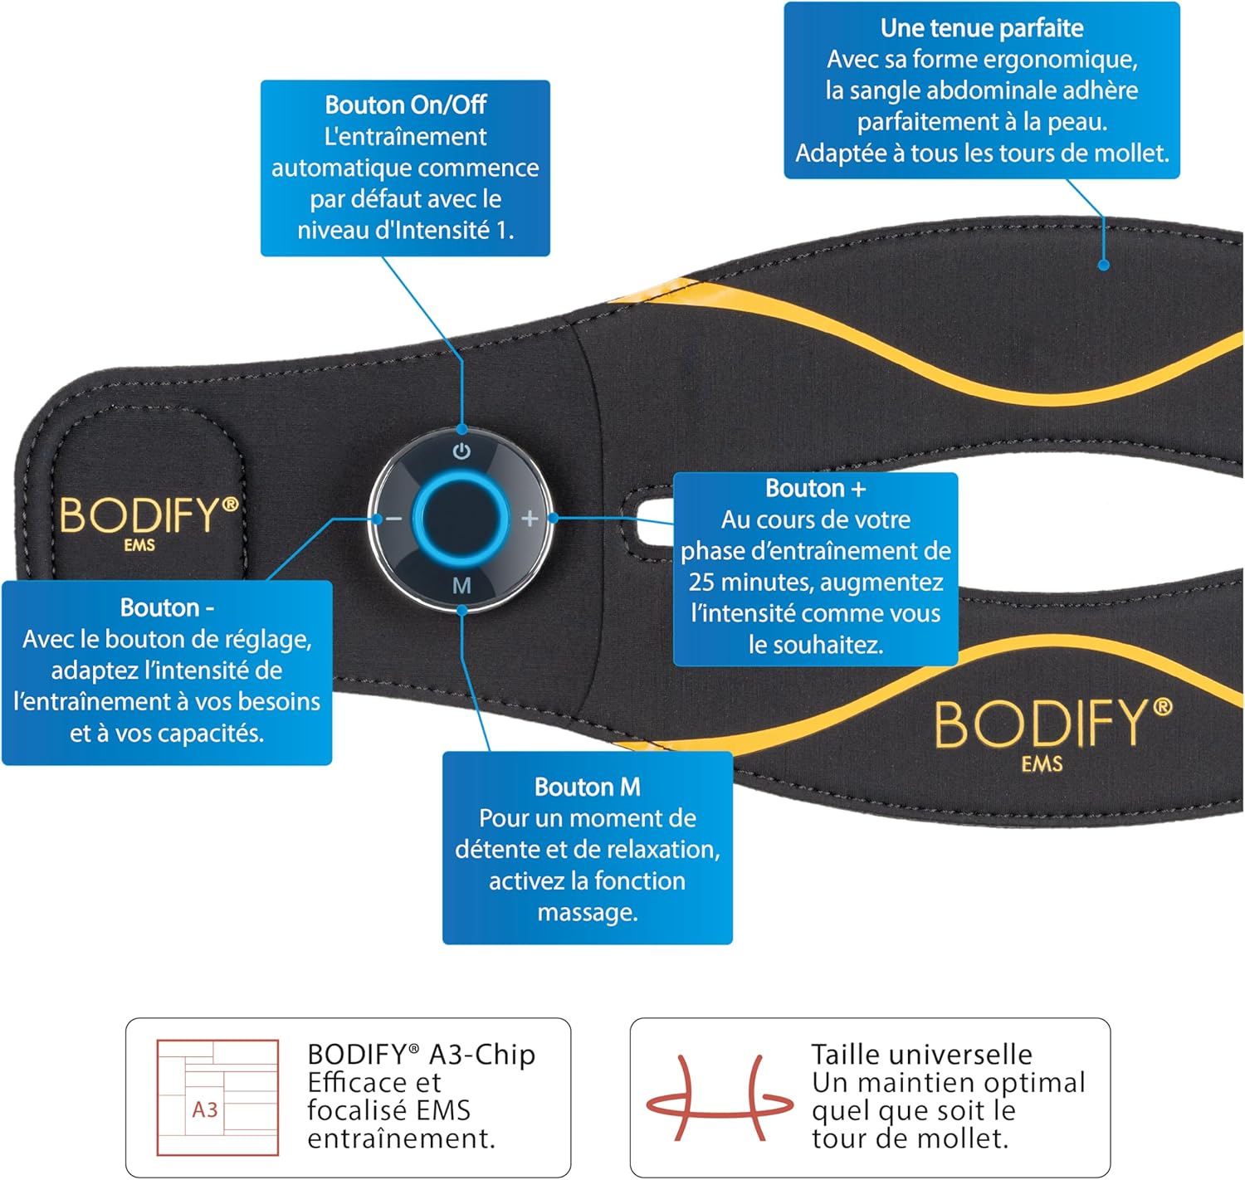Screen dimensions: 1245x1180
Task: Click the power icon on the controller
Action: point(461,451)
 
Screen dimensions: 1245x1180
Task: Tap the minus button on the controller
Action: point(393,519)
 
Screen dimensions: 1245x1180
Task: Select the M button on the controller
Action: point(461,586)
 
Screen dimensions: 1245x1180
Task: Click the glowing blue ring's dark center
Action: point(461,519)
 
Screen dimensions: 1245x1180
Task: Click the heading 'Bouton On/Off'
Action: point(405,105)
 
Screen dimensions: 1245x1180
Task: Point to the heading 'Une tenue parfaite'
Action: point(981,28)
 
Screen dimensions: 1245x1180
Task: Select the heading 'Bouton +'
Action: point(815,488)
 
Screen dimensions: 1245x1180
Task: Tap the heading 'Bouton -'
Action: point(167,607)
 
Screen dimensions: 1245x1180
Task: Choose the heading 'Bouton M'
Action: point(587,787)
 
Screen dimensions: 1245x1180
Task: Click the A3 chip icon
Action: point(217,1097)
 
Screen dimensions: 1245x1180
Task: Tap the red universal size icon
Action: point(720,1097)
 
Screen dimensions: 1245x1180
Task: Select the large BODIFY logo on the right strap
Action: point(1052,725)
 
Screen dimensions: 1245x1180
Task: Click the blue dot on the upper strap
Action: point(1104,265)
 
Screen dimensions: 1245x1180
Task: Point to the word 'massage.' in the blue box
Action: point(587,912)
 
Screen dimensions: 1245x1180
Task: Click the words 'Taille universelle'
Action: point(921,1054)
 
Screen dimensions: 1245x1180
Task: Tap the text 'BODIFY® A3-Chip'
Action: point(421,1054)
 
